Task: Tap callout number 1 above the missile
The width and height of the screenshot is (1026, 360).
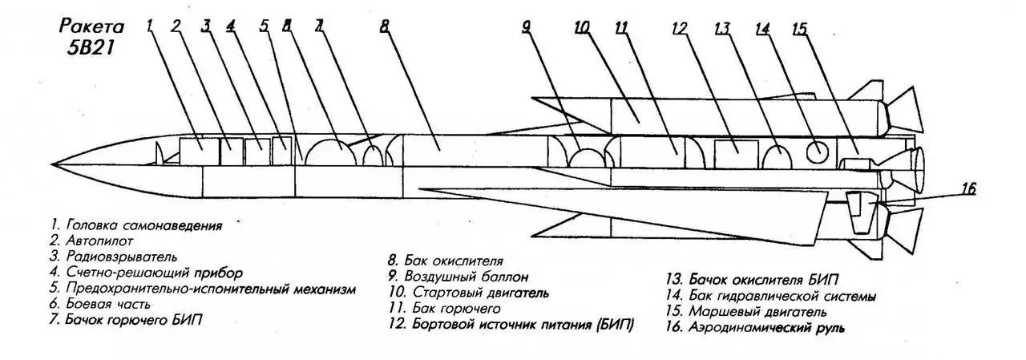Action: pyautogui.click(x=149, y=26)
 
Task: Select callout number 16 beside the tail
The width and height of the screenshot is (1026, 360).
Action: pyautogui.click(x=968, y=189)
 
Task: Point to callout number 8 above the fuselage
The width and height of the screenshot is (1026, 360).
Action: pyautogui.click(x=385, y=26)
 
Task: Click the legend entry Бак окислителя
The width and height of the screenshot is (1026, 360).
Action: pyautogui.click(x=445, y=261)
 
